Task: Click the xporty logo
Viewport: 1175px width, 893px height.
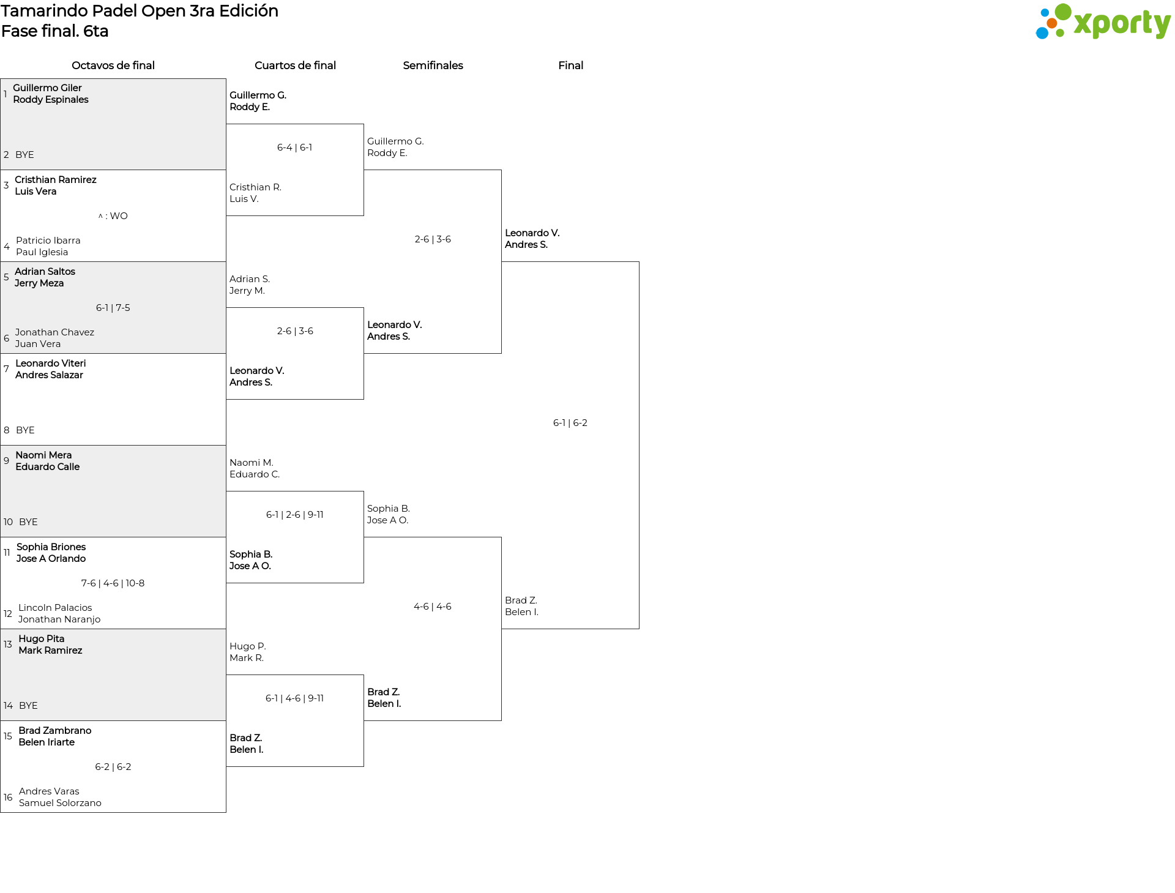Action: click(x=1103, y=22)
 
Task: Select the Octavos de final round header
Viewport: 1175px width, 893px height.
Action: click(x=113, y=65)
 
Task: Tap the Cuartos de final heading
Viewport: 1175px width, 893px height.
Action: click(x=295, y=65)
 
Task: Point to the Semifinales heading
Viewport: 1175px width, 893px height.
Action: click(x=433, y=65)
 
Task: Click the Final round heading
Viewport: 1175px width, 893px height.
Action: click(x=570, y=65)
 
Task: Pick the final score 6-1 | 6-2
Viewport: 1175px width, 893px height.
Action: click(x=570, y=423)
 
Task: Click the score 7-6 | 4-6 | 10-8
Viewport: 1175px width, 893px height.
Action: click(x=113, y=583)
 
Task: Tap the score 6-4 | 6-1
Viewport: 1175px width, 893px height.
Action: click(x=295, y=148)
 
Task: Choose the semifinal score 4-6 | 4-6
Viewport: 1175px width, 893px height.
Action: click(x=433, y=607)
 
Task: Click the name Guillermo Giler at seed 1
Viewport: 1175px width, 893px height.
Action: click(x=47, y=88)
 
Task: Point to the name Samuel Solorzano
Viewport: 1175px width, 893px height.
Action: click(x=60, y=803)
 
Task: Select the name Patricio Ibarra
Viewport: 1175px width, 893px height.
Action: click(x=48, y=241)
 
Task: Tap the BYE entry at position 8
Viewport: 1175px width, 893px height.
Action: click(x=25, y=430)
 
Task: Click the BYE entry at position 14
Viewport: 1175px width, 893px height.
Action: click(x=28, y=706)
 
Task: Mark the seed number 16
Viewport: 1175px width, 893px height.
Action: click(x=8, y=798)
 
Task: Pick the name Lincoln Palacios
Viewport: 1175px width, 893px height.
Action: click(x=55, y=608)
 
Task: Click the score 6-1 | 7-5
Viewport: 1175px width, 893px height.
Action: click(x=113, y=308)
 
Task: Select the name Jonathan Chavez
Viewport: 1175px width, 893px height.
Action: click(x=54, y=332)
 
